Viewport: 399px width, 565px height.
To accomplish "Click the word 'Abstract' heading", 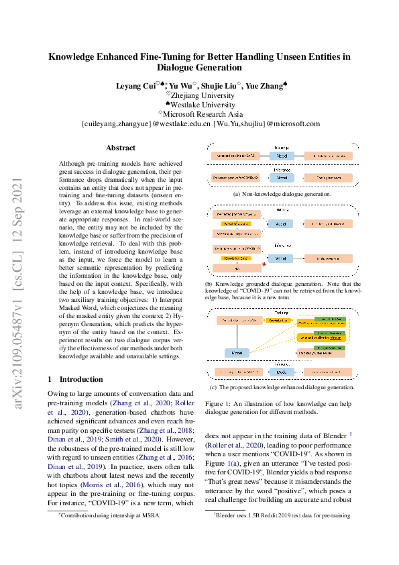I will pyautogui.click(x=121, y=148).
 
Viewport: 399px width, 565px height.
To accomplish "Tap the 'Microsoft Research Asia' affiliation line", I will pyautogui.click(x=200, y=114).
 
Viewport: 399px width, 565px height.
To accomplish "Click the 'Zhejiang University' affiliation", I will pyautogui.click(x=200, y=95).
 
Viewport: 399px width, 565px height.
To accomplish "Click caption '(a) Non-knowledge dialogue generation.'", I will pyautogui.click(x=282, y=194).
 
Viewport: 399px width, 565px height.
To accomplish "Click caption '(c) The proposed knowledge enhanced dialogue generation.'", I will pyautogui.click(x=282, y=387).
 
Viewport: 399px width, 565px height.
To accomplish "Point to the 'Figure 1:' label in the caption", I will pyautogui.click(x=218, y=404).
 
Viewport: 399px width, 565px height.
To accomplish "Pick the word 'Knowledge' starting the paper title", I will pyautogui.click(x=74, y=57).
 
